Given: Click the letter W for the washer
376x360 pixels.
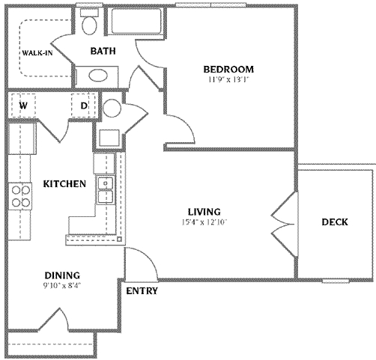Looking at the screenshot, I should point(23,106).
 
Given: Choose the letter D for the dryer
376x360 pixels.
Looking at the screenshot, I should point(84,106).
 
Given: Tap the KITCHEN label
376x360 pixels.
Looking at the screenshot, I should point(64,183).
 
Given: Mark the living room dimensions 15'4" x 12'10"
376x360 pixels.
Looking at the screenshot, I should point(202,222).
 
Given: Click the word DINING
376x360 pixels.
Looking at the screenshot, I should point(61,275).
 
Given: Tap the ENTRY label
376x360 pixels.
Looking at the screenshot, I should point(142,290).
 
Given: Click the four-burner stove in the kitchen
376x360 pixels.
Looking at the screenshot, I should point(20,196).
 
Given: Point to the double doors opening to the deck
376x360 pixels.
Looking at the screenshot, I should point(285,219).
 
